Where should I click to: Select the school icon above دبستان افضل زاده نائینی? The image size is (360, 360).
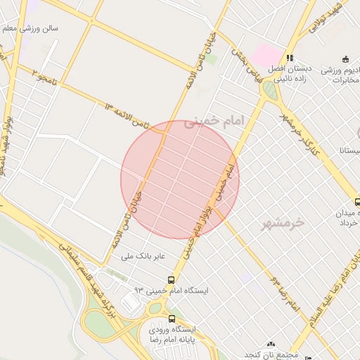point(289,58)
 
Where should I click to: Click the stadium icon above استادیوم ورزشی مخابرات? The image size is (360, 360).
point(344,59)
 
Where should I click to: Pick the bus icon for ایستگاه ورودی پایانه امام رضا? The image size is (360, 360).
point(172,319)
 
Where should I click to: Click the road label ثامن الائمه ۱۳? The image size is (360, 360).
point(127,112)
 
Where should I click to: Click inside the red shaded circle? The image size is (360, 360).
point(180,180)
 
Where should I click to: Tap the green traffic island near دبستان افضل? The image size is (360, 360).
point(269,89)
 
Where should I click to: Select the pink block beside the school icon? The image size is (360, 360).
point(266,55)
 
